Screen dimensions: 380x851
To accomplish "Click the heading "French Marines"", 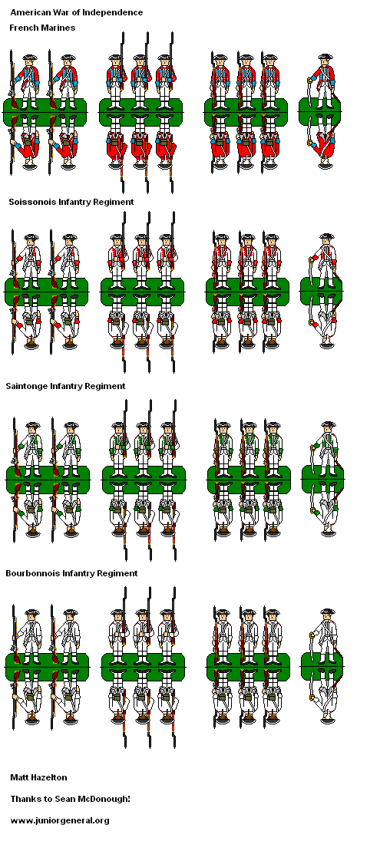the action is [x=42, y=28].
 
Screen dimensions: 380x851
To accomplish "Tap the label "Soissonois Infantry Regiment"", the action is [x=71, y=202].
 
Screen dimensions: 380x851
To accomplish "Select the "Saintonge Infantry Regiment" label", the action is [x=66, y=387].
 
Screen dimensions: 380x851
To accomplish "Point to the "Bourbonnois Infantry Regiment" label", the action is [x=71, y=573].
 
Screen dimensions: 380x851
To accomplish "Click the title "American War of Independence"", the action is [x=77, y=12].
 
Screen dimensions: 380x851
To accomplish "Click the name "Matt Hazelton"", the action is [x=38, y=777].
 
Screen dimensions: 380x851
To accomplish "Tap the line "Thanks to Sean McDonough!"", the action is [x=70, y=799].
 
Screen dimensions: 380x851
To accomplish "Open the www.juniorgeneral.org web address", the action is [x=60, y=820].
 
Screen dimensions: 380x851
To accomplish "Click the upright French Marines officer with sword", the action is [x=323, y=81].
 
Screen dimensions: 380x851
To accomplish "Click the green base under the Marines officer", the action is [x=321, y=112].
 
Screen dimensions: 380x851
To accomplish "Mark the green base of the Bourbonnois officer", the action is [x=322, y=667].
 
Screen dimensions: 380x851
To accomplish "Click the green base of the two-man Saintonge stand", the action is [x=48, y=480].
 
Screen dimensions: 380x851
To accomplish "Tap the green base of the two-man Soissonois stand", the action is [x=46, y=292].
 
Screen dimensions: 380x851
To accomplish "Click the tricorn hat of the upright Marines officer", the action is [x=325, y=57].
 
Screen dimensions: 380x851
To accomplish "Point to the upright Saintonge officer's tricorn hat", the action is [x=328, y=424].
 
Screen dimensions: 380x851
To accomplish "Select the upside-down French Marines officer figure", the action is [x=323, y=142].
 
